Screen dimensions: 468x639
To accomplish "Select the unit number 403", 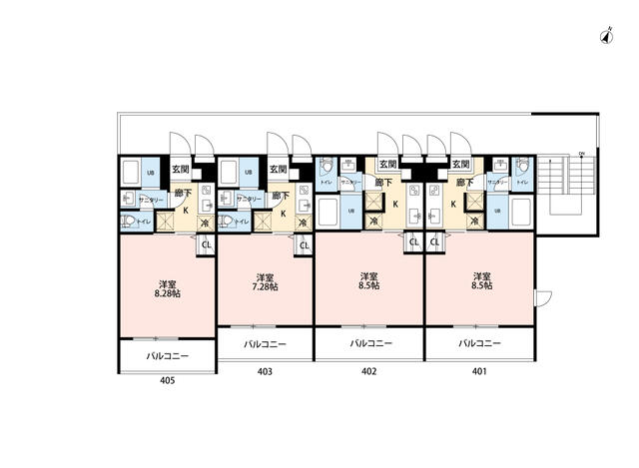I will pos(265,370).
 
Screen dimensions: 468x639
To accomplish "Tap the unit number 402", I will pos(369,370).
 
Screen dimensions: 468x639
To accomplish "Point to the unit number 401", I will pos(479,370).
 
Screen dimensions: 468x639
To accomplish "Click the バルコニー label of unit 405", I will pos(166,354).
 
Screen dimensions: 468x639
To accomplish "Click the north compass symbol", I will pos(606,38).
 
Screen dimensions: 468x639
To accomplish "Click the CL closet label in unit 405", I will pos(207,244).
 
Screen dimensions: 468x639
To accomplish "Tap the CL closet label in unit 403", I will pos(305,244).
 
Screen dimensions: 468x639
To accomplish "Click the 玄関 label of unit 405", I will pos(181,171).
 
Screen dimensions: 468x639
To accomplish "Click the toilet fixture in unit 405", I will pos(129,222).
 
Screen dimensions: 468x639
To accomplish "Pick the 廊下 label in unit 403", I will pos(283,196).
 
